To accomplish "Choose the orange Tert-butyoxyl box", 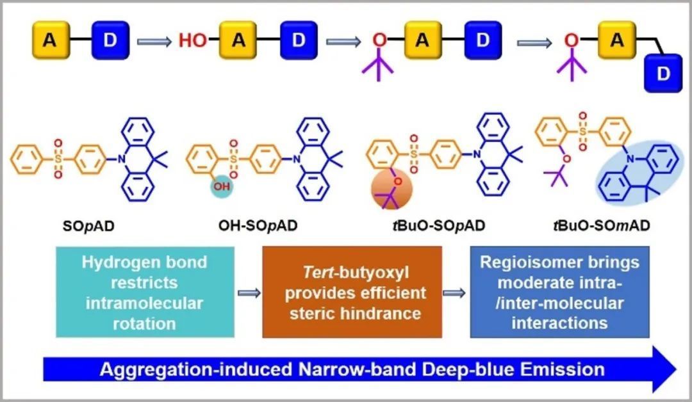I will click(352, 293).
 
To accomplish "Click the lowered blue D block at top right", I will click(663, 73).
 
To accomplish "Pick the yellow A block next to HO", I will click(238, 40).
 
